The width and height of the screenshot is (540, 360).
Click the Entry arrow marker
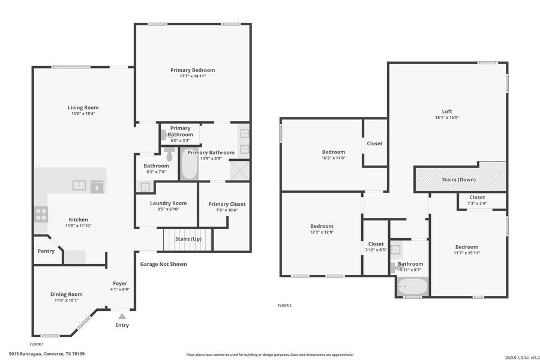[122, 316]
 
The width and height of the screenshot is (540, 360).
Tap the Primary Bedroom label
[192, 70]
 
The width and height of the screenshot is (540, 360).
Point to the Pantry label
[46, 251]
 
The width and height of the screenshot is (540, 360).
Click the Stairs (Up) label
[188, 239]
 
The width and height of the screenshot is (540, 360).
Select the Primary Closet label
[227, 204]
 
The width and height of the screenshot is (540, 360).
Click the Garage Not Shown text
[163, 264]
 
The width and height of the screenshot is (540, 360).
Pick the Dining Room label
[66, 294]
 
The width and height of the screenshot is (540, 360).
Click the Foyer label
[120, 283]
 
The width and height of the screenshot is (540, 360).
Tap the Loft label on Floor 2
[447, 111]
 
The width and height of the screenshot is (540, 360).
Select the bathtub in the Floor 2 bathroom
[412, 287]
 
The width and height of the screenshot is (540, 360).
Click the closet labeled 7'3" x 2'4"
[477, 200]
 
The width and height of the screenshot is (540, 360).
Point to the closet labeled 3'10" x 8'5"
[376, 246]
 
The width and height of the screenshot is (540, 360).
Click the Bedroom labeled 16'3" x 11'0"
[333, 155]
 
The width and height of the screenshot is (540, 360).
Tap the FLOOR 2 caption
[284, 305]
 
